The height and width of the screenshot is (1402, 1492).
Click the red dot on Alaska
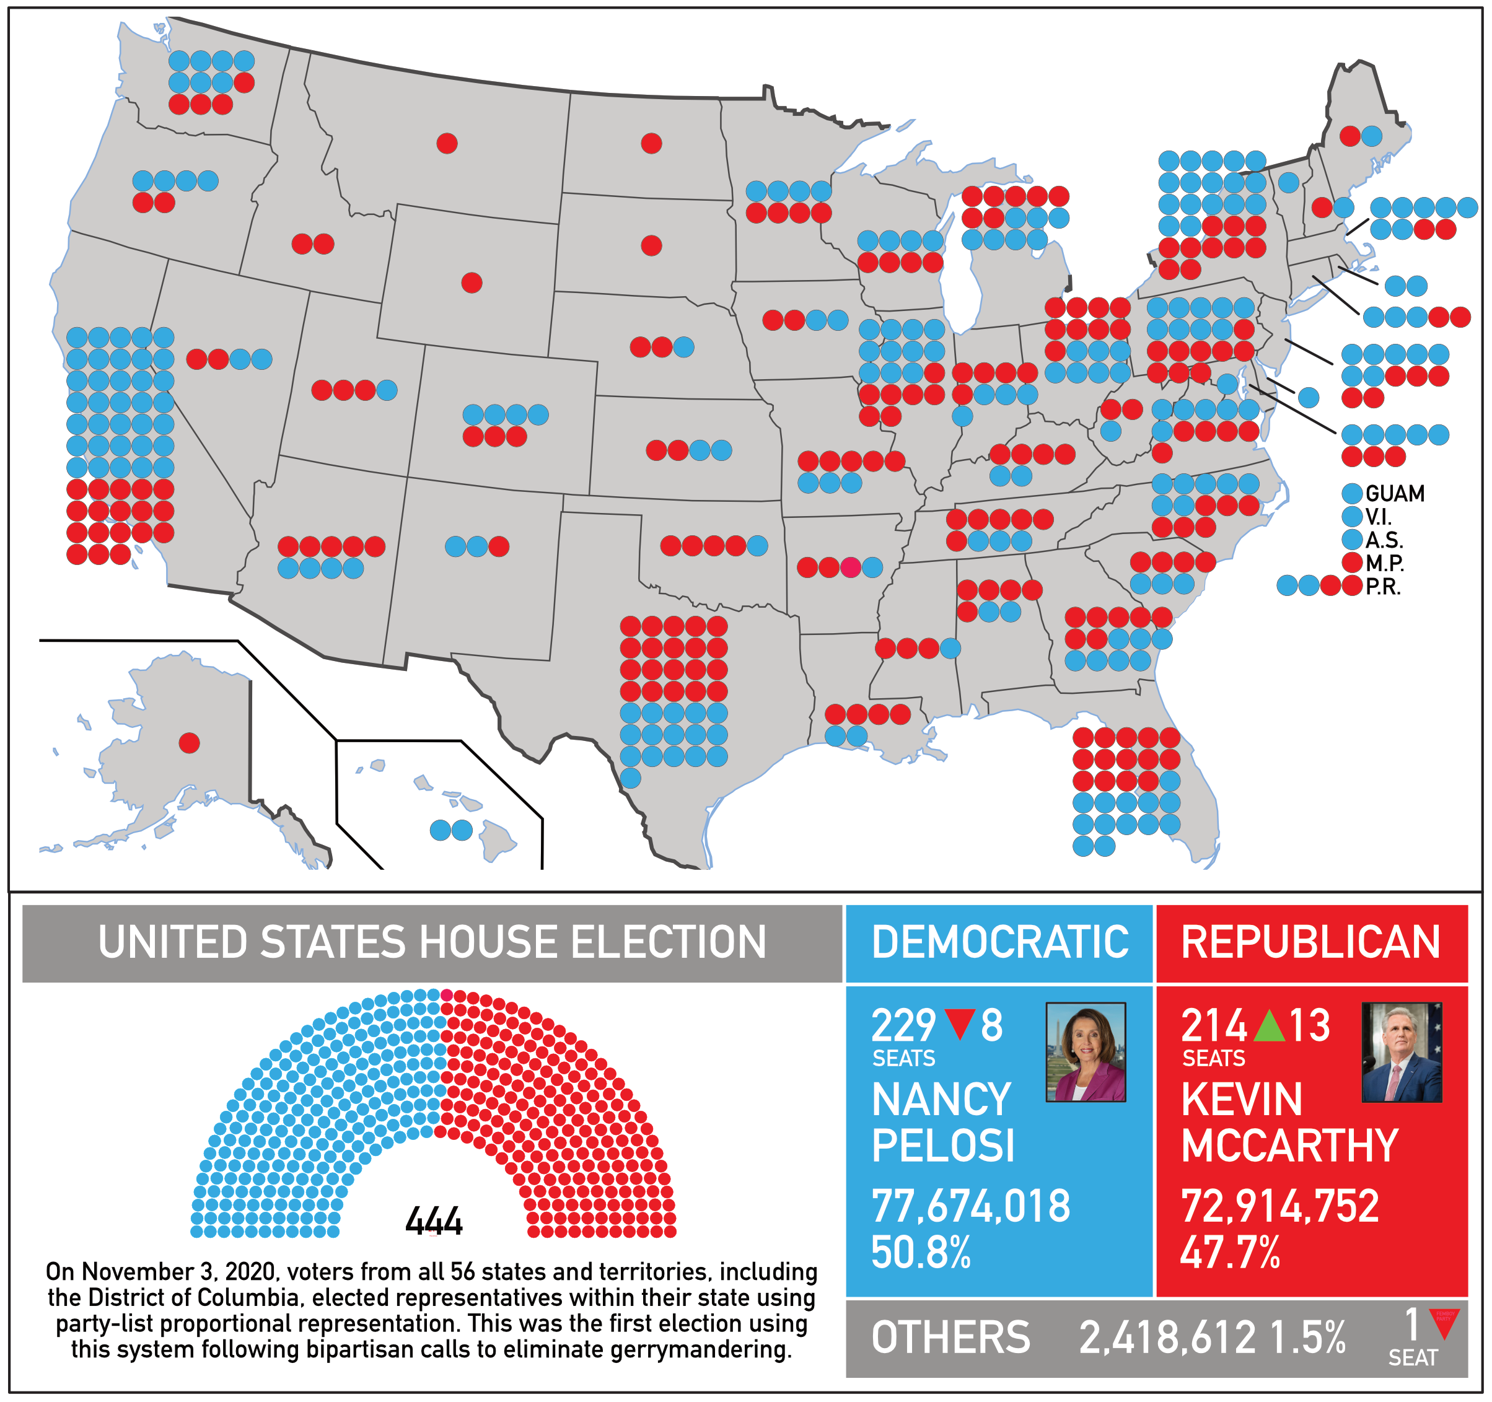click(x=189, y=743)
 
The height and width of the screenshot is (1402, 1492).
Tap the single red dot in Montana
click(x=447, y=142)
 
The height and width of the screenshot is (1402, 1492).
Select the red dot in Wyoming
click(x=472, y=283)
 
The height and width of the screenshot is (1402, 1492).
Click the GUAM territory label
click(x=1395, y=494)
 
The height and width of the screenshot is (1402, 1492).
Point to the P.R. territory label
click(x=1382, y=587)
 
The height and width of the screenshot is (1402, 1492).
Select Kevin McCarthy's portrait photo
click(x=1401, y=1051)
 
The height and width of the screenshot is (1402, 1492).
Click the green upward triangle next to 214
click(x=1269, y=1025)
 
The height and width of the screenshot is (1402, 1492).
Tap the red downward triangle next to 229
click(x=960, y=1025)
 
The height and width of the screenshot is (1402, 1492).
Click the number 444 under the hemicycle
click(x=434, y=1221)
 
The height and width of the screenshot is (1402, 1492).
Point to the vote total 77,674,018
click(x=970, y=1206)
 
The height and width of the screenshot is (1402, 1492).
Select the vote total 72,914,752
click(x=1279, y=1206)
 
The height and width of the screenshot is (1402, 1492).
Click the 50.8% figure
click(x=921, y=1253)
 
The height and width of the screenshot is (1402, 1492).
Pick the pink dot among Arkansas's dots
click(x=850, y=567)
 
